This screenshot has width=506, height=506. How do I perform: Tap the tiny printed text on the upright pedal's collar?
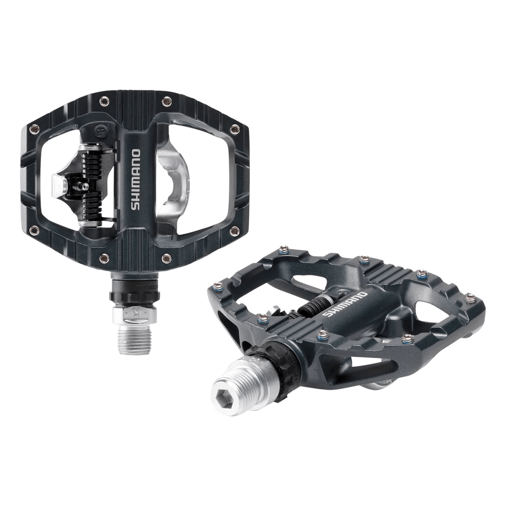coord(153,287)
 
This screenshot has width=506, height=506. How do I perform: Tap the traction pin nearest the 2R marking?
coord(104,101)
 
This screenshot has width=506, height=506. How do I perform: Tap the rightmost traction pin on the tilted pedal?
coord(470,298)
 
